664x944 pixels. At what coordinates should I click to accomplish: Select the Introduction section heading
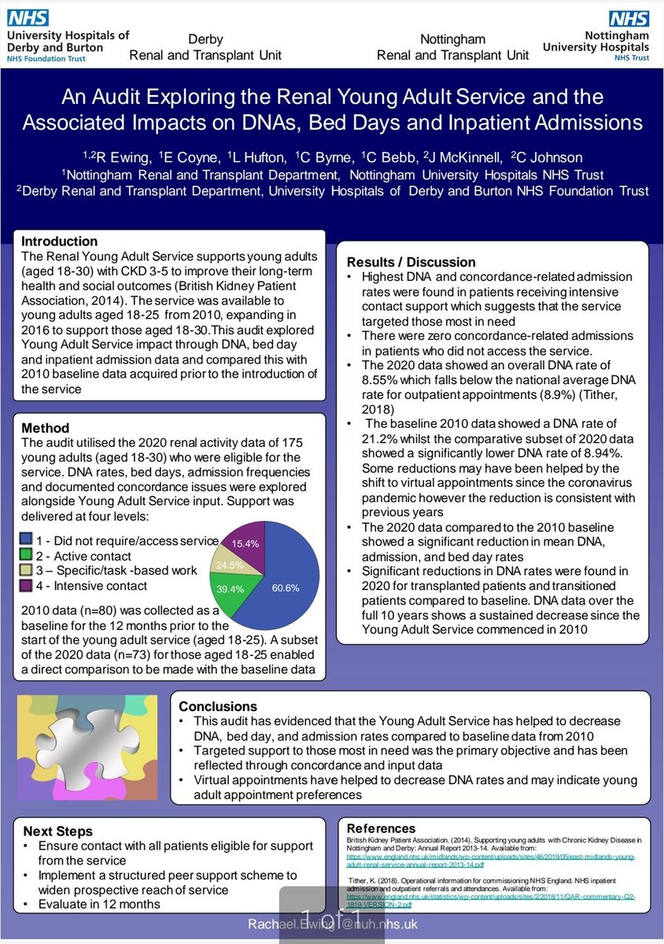[x=59, y=242]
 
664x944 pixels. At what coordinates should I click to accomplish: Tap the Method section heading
[x=45, y=429]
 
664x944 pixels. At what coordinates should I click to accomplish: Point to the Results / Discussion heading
[x=411, y=262]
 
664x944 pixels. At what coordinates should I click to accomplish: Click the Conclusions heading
[x=218, y=706]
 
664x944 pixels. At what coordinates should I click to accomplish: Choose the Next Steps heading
[x=57, y=831]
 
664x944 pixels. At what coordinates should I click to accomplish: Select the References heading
[x=381, y=828]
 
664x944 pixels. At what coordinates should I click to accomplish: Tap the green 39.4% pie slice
[x=234, y=584]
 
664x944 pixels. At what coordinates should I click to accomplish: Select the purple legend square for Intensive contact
[x=27, y=585]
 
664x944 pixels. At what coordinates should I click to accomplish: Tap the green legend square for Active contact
[x=27, y=555]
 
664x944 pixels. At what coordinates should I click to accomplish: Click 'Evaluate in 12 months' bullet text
[x=98, y=904]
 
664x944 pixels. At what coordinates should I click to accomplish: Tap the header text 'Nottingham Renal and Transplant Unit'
[x=452, y=47]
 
